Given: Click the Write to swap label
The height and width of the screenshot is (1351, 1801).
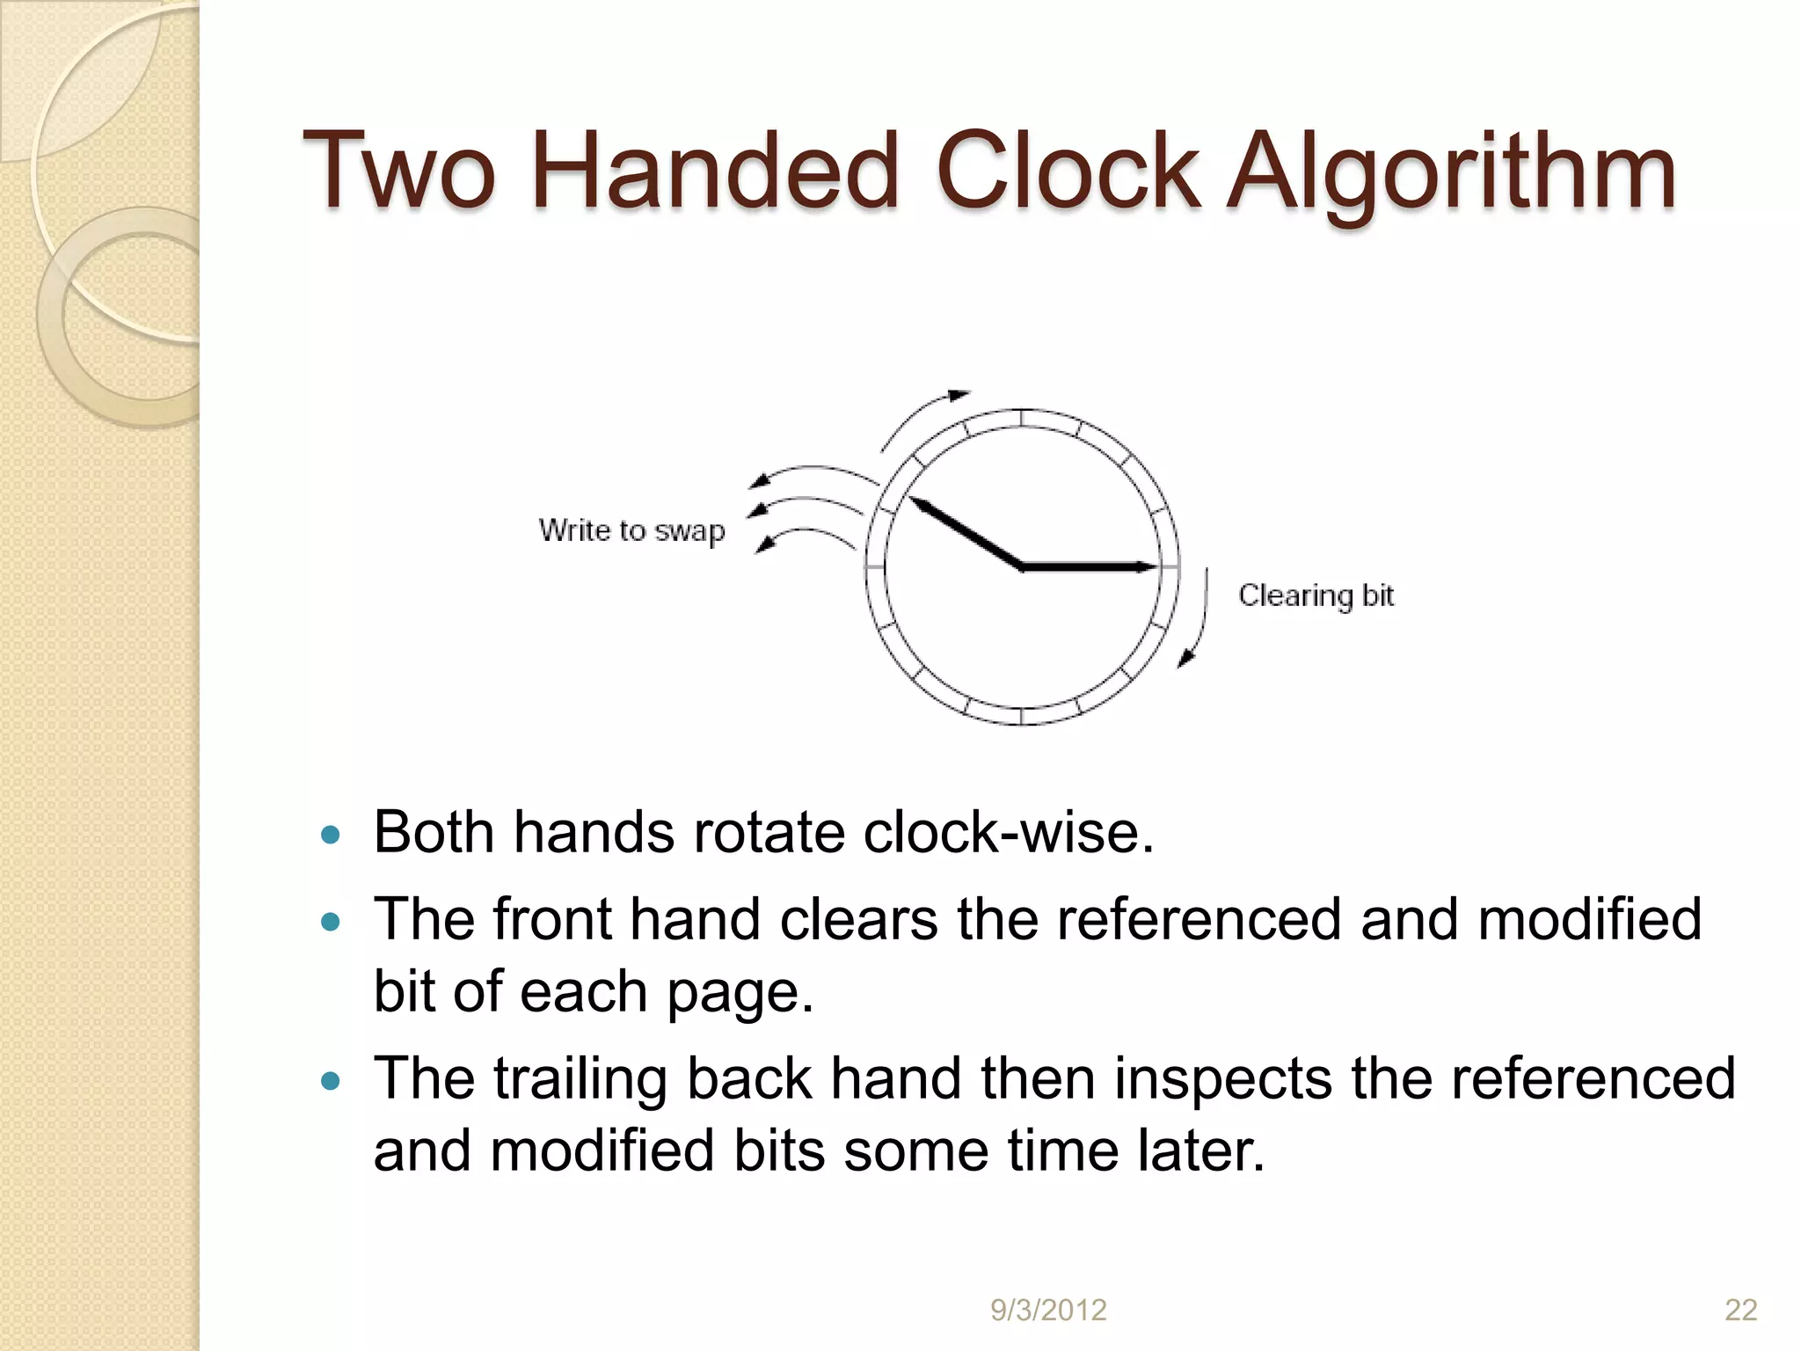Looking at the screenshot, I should coord(631,530).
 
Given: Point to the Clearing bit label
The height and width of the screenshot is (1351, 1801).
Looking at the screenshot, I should coord(1316,595).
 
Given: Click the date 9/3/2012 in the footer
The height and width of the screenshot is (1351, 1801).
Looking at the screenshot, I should coord(1048,1311).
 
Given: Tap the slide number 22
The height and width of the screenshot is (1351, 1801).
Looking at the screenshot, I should coord(1740,1311).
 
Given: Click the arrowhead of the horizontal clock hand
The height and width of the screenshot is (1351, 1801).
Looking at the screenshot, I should coord(1147,567).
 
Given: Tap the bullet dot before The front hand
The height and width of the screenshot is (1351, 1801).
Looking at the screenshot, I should coord(331,922).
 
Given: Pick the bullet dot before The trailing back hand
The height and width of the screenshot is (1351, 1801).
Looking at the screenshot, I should coord(331,1081).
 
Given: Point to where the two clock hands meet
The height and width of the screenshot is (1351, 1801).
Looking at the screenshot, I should coord(1022,567).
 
